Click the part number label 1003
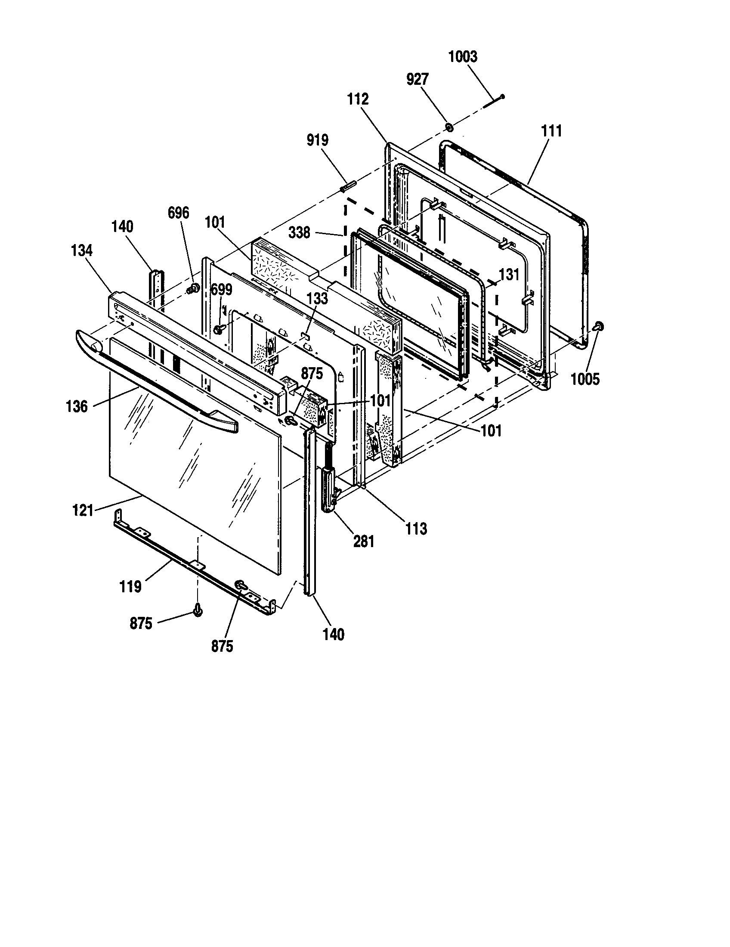(x=463, y=57)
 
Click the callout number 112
(x=358, y=99)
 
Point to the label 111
(x=551, y=131)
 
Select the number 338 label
(x=300, y=233)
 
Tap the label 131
(x=509, y=275)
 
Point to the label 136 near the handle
(x=77, y=406)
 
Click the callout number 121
(x=83, y=511)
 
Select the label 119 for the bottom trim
(x=130, y=587)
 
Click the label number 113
(x=416, y=529)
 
